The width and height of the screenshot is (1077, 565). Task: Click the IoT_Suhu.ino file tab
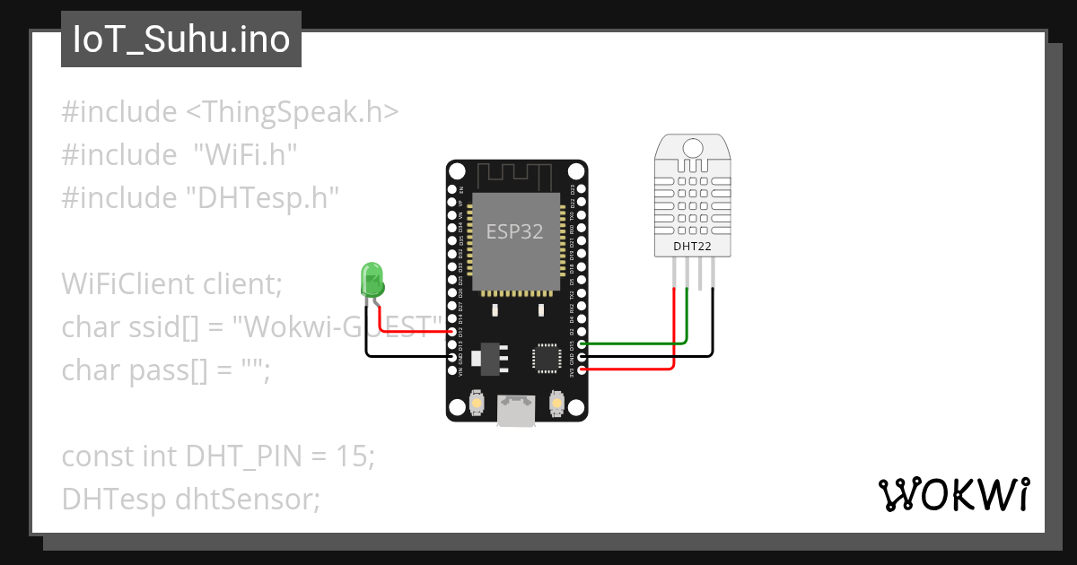181,40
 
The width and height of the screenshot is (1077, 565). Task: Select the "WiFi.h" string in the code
245,155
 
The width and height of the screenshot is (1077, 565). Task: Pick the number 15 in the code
350,456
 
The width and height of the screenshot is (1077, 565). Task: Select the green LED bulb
371,279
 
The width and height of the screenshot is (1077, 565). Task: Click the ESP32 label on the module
515,231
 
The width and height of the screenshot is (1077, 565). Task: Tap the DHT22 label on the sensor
692,245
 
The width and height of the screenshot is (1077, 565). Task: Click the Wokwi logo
953,494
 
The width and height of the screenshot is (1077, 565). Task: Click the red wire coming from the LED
413,331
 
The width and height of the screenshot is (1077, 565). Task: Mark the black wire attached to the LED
404,356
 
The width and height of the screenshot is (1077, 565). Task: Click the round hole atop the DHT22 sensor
692,147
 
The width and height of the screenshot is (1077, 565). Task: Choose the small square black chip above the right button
547,356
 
